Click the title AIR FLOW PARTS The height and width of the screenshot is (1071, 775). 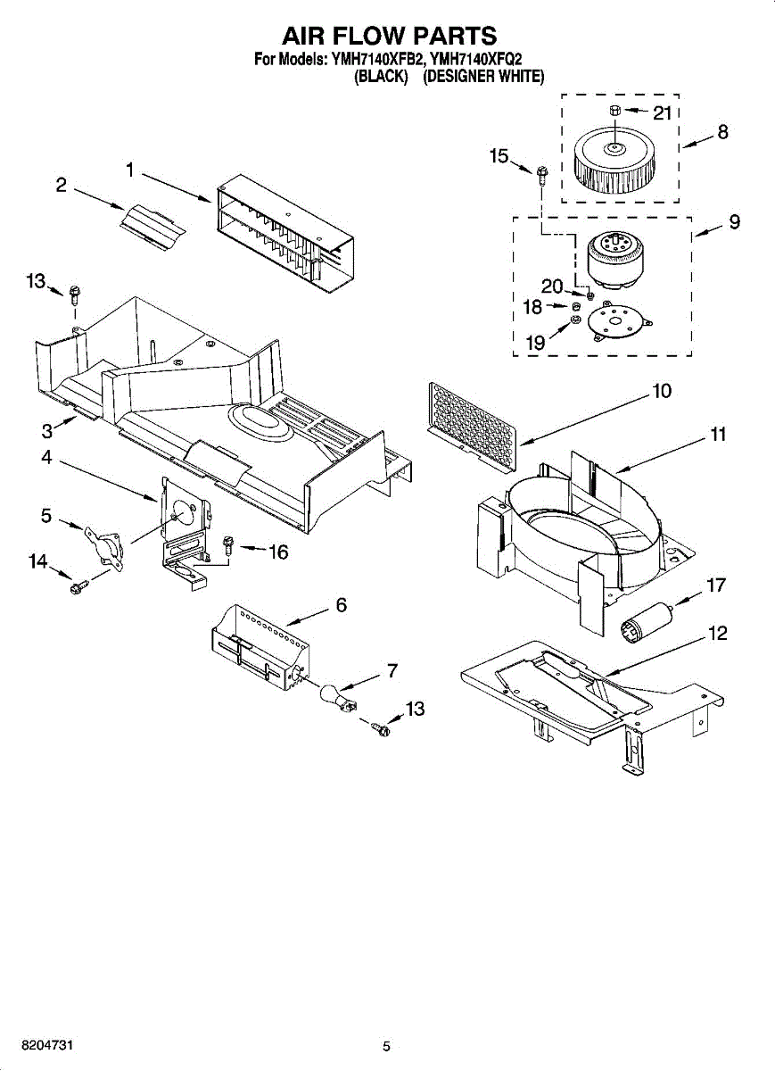point(390,36)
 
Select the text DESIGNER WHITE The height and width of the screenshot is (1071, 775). point(483,77)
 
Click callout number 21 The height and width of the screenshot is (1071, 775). point(663,114)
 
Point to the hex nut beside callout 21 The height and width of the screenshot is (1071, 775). point(615,111)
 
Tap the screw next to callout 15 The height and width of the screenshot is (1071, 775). point(542,176)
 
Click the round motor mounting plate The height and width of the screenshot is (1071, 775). point(621,321)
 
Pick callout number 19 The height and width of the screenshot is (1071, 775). point(535,343)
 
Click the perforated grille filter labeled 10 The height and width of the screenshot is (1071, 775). point(472,426)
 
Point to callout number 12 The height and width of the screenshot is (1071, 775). point(718,634)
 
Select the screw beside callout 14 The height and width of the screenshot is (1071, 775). point(79,587)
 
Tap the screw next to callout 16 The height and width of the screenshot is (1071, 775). point(228,545)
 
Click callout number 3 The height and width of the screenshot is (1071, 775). point(47,431)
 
